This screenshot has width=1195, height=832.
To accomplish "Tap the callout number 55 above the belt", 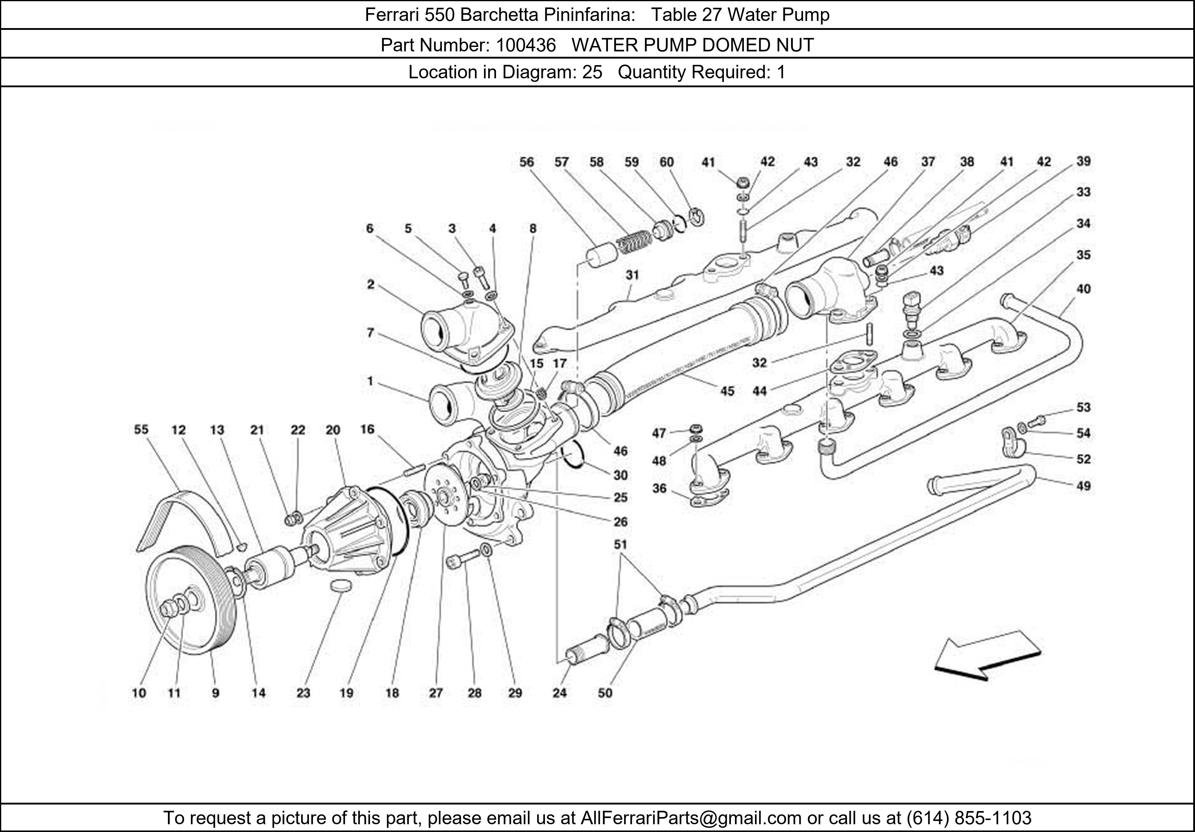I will [141, 429].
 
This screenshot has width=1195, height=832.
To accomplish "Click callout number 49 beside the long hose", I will [1083, 486].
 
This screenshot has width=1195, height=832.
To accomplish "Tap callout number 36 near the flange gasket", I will [659, 488].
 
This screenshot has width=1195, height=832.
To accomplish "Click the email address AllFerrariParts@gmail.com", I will [690, 818].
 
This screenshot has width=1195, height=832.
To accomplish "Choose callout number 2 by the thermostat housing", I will [370, 284].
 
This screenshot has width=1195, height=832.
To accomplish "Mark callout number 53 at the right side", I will [1083, 407].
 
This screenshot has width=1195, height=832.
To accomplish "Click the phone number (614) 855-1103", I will [969, 818].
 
